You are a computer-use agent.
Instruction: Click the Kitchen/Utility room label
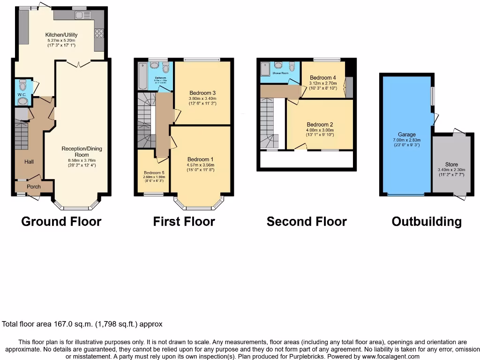click(61, 35)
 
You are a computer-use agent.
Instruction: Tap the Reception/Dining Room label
click(82, 151)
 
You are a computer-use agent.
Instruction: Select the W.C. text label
click(21, 94)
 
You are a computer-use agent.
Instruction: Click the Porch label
click(33, 187)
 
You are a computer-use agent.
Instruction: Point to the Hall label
click(29, 162)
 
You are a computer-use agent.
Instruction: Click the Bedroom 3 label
click(202, 92)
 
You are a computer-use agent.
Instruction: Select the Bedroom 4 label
click(323, 77)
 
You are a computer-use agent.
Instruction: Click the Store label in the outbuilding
click(451, 165)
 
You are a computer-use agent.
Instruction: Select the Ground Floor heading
click(61, 221)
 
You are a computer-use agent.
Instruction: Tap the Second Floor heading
click(307, 221)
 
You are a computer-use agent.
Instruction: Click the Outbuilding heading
click(427, 221)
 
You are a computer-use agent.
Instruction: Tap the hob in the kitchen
click(99, 33)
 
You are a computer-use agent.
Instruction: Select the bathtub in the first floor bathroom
click(142, 76)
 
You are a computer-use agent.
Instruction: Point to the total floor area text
click(82, 324)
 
